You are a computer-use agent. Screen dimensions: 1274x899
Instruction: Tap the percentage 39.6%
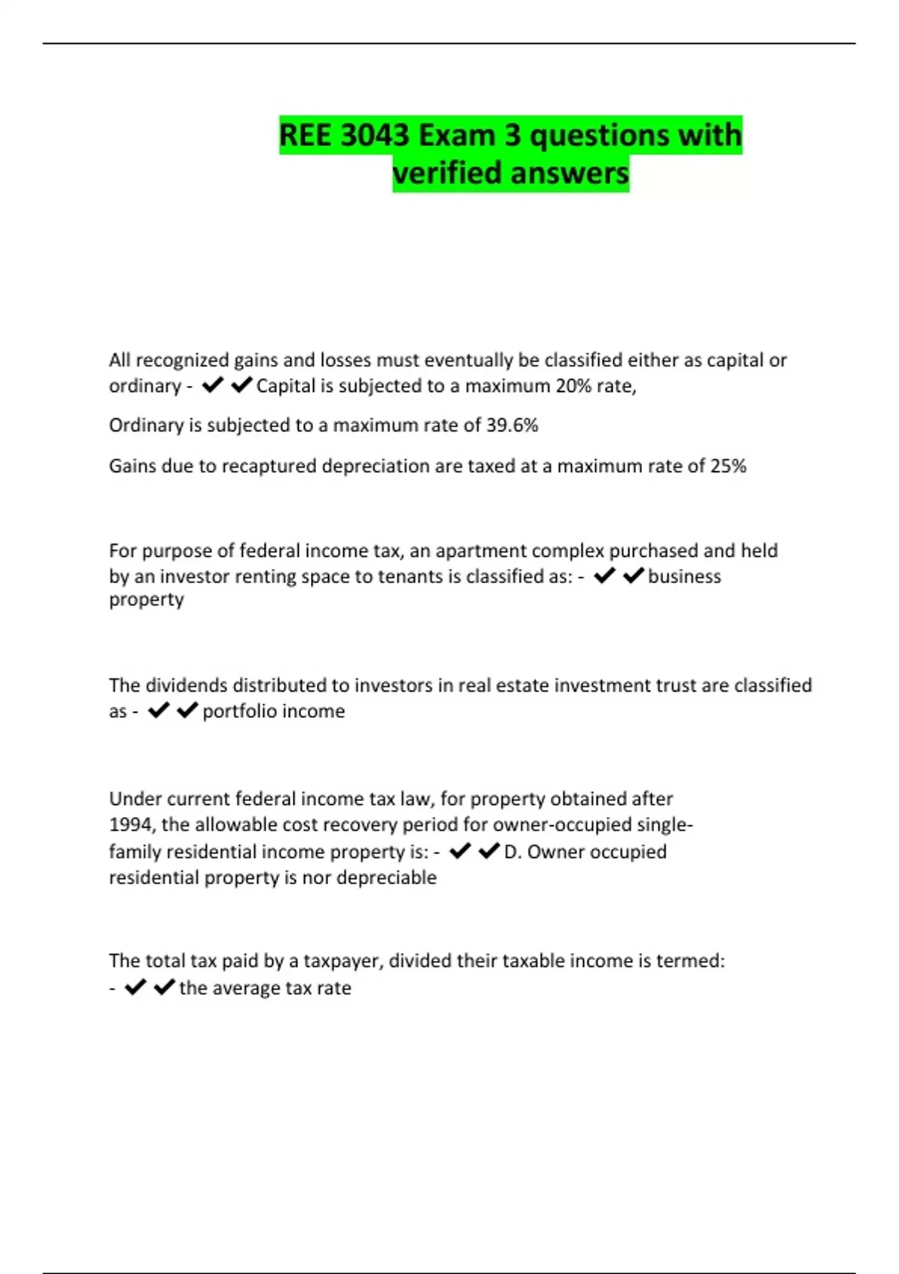(x=512, y=425)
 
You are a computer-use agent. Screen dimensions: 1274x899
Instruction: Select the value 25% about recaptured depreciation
(x=728, y=466)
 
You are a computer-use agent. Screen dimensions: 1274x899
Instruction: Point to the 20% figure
(x=572, y=386)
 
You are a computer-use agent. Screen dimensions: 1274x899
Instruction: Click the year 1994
(x=130, y=825)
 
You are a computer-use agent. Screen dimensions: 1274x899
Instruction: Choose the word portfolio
(x=239, y=711)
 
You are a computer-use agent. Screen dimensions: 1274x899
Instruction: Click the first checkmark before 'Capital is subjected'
(x=213, y=385)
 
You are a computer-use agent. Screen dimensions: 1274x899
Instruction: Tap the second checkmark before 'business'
(x=633, y=576)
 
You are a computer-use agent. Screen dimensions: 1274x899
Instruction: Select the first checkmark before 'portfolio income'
(x=158, y=710)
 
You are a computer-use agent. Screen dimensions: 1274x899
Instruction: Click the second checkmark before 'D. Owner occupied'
(x=488, y=851)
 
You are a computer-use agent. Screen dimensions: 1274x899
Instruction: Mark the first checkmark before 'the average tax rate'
(x=135, y=987)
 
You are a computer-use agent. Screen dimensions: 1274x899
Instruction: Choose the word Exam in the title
(x=456, y=136)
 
